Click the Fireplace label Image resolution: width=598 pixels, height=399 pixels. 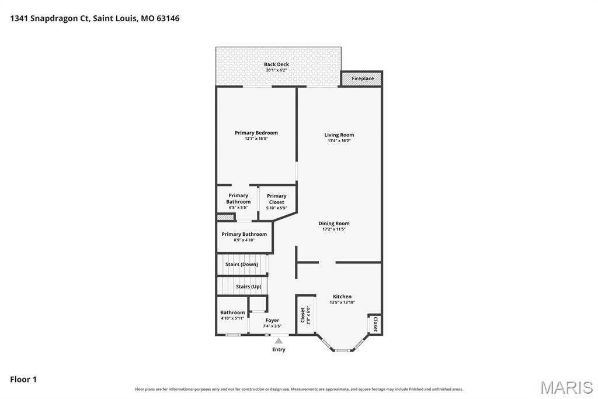coord(363,78)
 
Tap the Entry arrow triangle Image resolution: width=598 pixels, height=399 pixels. coord(279,341)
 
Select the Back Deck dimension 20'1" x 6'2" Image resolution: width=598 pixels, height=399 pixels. coord(276,70)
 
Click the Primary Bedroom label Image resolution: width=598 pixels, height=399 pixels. coord(256,133)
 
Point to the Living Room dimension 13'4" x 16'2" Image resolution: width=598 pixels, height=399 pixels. coord(339,140)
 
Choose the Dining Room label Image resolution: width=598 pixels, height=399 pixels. coord(334,223)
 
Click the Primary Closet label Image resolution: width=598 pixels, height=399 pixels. coord(276,199)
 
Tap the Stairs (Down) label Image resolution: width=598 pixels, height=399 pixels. coord(242,264)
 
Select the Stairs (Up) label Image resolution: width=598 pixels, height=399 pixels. coord(249,287)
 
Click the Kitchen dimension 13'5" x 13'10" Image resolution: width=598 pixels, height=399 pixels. coord(342,302)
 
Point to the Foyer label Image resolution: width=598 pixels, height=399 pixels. coord(272,320)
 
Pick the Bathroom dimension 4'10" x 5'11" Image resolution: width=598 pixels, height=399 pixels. coord(232,318)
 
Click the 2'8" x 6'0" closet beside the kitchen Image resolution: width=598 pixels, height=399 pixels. coord(305,315)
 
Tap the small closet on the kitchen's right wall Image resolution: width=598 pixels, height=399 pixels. coord(376,324)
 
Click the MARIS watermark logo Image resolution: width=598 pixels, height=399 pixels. coord(566,387)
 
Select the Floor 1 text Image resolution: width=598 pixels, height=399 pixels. coord(23,380)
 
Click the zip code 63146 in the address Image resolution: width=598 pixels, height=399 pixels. coord(168,18)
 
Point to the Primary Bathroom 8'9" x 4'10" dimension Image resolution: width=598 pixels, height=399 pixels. coord(244,240)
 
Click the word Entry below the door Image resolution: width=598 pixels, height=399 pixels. coord(279,349)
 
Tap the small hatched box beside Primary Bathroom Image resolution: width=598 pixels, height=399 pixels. coord(225,217)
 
